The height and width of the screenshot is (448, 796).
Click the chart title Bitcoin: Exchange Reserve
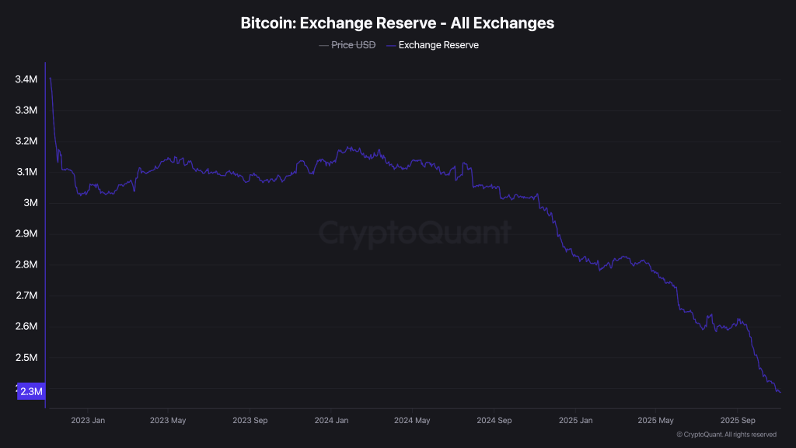click(397, 23)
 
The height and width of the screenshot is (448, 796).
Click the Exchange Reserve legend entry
click(438, 45)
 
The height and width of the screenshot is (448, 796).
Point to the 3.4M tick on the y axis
click(26, 79)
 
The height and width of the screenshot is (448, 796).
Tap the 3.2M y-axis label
click(26, 141)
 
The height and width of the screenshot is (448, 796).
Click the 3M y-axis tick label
click(30, 203)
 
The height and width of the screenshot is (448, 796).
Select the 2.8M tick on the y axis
click(26, 264)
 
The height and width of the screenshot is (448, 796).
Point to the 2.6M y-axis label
click(26, 327)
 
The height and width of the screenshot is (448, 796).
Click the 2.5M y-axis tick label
click(26, 358)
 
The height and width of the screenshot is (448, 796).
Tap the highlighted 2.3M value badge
click(31, 391)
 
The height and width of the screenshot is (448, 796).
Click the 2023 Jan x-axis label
click(88, 421)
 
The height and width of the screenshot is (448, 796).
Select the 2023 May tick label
click(168, 421)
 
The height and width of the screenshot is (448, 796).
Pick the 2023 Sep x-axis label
click(250, 421)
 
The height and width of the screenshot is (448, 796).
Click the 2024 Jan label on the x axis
click(331, 421)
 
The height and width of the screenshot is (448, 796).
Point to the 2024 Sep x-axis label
click(494, 421)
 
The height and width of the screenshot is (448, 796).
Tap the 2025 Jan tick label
click(576, 421)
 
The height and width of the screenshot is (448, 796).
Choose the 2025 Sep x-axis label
click(738, 421)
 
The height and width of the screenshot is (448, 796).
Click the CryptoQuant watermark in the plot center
click(415, 233)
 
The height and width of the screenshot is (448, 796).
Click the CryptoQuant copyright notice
click(726, 435)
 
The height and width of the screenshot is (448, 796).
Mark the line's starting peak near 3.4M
click(51, 78)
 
